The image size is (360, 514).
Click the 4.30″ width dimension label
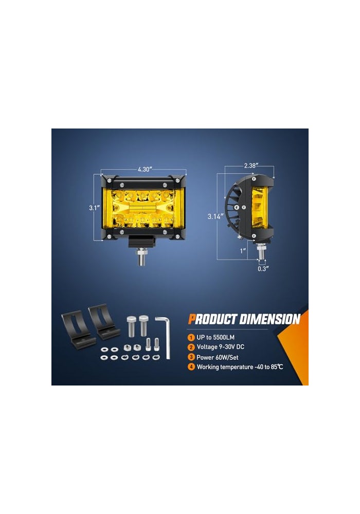click(x=145, y=169)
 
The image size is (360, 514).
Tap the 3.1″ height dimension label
click(x=94, y=208)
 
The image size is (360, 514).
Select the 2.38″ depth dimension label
click(x=251, y=166)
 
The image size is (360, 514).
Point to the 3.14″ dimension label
click(x=215, y=216)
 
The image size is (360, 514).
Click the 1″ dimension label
click(x=243, y=251)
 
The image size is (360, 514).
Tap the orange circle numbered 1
click(x=191, y=337)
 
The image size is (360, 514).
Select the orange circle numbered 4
click(x=191, y=367)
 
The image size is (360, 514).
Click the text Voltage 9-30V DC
click(x=220, y=347)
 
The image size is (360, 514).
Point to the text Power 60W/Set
click(x=218, y=357)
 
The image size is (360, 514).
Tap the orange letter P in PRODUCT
click(x=192, y=319)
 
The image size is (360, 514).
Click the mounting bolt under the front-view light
click(x=141, y=258)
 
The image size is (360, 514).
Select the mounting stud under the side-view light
click(x=260, y=251)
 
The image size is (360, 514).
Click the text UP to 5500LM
click(x=215, y=337)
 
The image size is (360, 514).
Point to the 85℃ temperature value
click(x=277, y=367)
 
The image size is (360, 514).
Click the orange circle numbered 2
click(x=191, y=347)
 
